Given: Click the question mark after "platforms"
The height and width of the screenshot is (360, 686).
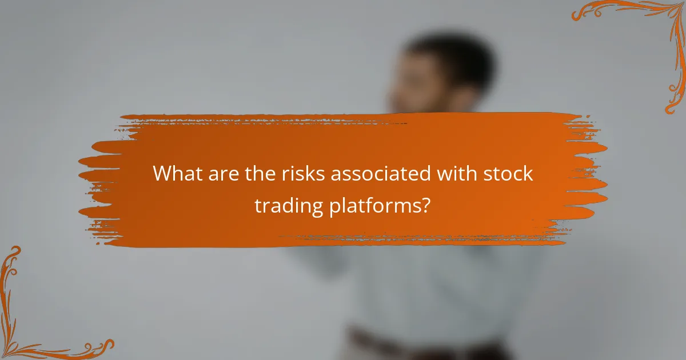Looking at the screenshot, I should coord(425,205).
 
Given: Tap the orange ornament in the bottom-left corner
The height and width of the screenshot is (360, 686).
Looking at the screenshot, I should coord(34,320).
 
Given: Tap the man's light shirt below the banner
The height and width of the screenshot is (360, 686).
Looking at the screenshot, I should coord(434,286).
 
